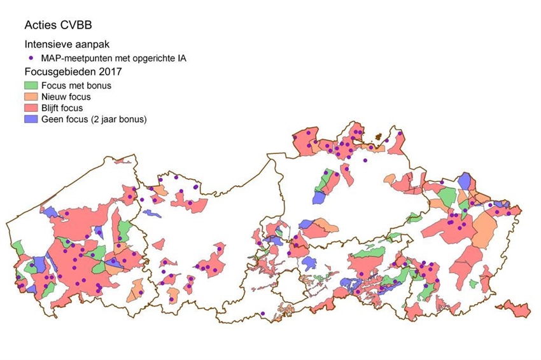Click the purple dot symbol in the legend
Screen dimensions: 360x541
(31, 58)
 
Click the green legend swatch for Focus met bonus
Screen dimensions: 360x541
(31, 84)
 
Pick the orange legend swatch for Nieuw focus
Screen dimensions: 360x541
(31, 96)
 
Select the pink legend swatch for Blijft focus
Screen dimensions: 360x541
(31, 107)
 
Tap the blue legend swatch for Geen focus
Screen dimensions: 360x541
(31, 119)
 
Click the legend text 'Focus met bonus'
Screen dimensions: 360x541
(73, 84)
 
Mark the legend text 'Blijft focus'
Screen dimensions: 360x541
(64, 107)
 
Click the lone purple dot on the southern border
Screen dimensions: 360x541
(262, 312)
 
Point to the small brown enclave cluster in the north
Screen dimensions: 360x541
(382, 136)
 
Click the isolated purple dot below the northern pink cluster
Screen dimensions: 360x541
(365, 160)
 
